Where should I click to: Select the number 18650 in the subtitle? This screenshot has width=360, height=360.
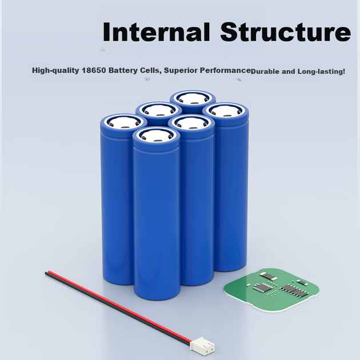click(94, 70)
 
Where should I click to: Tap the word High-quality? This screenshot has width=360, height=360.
click(55, 70)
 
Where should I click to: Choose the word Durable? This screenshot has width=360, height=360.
click(265, 71)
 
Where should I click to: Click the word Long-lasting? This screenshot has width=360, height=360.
click(321, 71)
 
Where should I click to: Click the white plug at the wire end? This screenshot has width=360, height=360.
click(202, 346)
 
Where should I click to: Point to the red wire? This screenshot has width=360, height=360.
click(120, 306)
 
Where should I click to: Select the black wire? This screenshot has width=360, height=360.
click(117, 309)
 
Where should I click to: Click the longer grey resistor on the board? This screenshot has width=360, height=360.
click(270, 276)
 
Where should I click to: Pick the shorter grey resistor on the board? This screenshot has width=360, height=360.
click(302, 282)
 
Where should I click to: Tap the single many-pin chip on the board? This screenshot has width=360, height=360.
click(263, 287)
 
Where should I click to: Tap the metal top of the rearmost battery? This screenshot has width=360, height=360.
click(193, 98)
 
